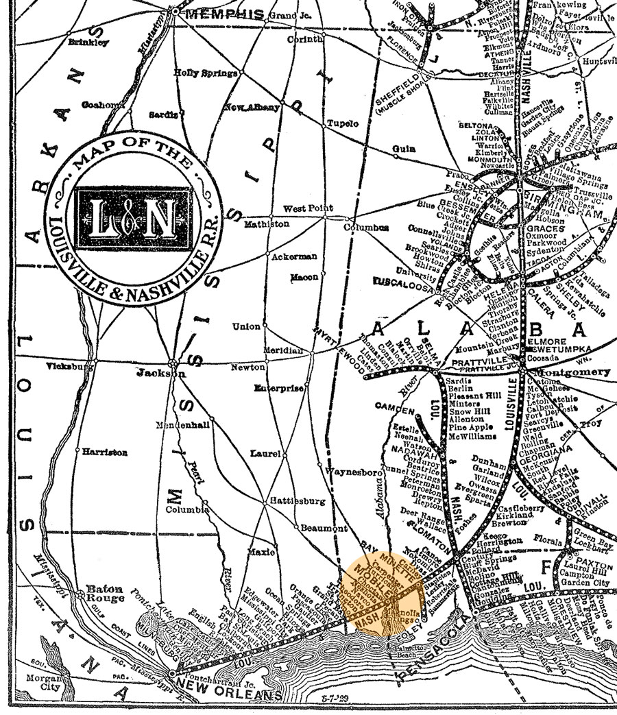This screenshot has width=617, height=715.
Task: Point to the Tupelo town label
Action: click(342, 124)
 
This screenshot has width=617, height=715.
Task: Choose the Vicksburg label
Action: click(70, 367)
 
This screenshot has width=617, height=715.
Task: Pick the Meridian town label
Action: click(283, 350)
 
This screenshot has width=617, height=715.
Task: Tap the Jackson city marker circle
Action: click(174, 363)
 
